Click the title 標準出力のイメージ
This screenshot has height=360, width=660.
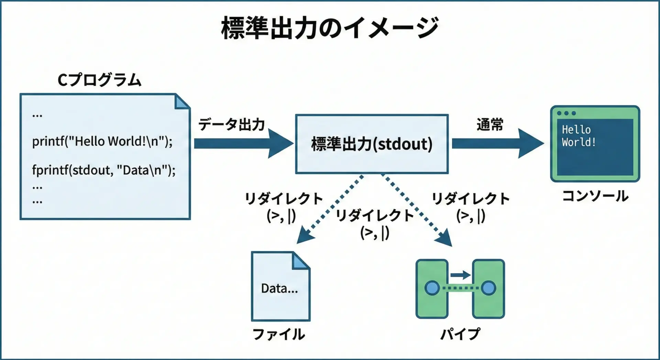pyautogui.click(x=329, y=28)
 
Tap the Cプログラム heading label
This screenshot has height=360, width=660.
pyautogui.click(x=99, y=80)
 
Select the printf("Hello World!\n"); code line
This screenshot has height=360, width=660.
pyautogui.click(x=102, y=141)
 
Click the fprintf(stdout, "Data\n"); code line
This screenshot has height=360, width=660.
pyautogui.click(x=103, y=170)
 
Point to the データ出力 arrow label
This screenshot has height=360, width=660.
pyautogui.click(x=231, y=124)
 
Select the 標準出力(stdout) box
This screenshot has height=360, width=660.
pyautogui.click(x=372, y=144)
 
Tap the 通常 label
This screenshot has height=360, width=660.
pyautogui.click(x=489, y=124)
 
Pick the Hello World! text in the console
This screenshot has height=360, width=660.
pyautogui.click(x=579, y=136)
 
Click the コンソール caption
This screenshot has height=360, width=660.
pyautogui.click(x=595, y=196)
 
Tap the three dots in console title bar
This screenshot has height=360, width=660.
pyautogui.click(x=566, y=113)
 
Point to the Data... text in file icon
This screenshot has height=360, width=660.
pyautogui.click(x=279, y=288)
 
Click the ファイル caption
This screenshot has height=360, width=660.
pyautogui.click(x=279, y=334)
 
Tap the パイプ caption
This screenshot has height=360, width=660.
pyautogui.click(x=460, y=334)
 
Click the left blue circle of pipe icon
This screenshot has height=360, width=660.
pyautogui.click(x=432, y=288)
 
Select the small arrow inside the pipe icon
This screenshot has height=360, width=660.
pyautogui.click(x=460, y=275)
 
